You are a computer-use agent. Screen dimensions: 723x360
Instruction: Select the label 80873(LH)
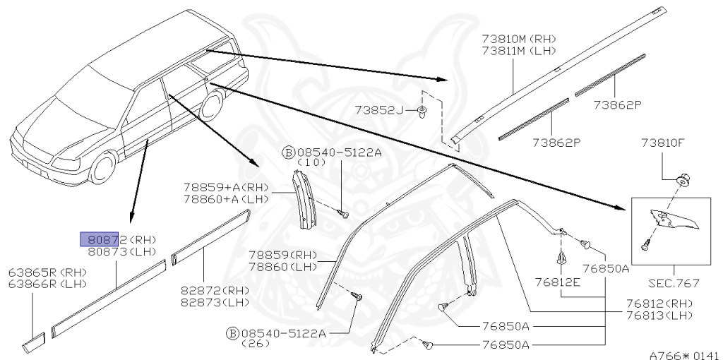tap(121, 251)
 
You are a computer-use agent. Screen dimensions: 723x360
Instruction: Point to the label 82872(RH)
tap(215, 291)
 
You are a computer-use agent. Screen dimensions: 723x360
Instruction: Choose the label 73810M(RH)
tap(518, 38)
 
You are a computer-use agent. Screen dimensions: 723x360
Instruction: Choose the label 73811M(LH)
tap(518, 50)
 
